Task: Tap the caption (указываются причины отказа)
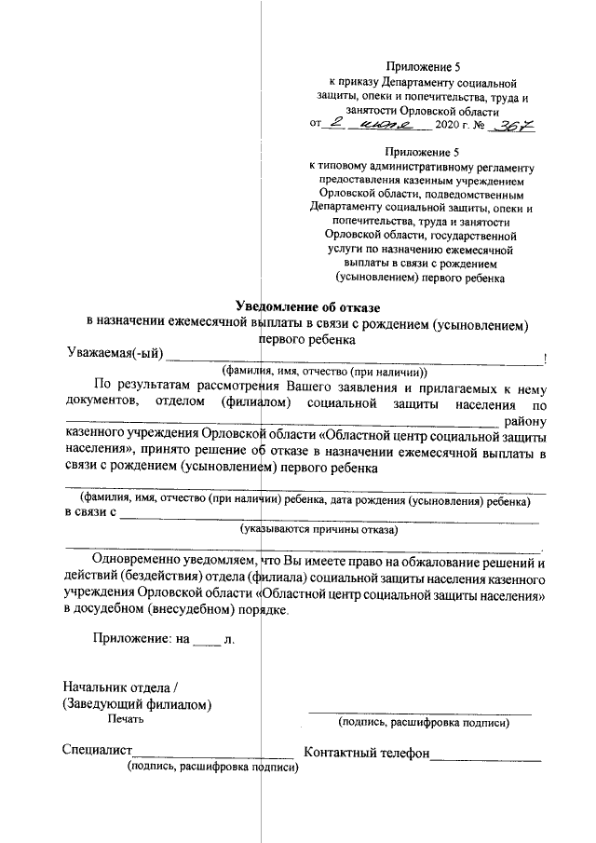click(x=317, y=530)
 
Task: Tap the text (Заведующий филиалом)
click(x=136, y=704)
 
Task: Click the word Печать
click(x=126, y=720)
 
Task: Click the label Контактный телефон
click(x=366, y=752)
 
